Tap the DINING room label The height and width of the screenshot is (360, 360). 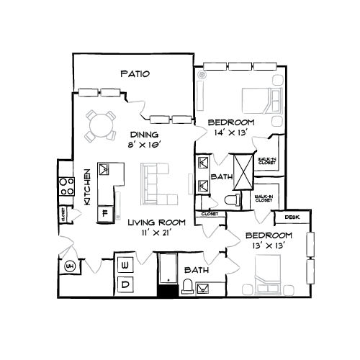pyautogui.click(x=144, y=135)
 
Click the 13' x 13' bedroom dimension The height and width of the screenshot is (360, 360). pyautogui.click(x=268, y=246)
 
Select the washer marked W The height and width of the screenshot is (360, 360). pyautogui.click(x=125, y=266)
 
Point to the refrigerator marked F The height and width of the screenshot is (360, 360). pyautogui.click(x=105, y=212)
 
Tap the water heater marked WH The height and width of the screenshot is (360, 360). pyautogui.click(x=70, y=268)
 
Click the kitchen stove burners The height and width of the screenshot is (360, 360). pyautogui.click(x=66, y=186)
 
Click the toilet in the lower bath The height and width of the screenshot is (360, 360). pyautogui.click(x=186, y=288)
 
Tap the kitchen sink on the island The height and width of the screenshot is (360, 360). pyautogui.click(x=106, y=170)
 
